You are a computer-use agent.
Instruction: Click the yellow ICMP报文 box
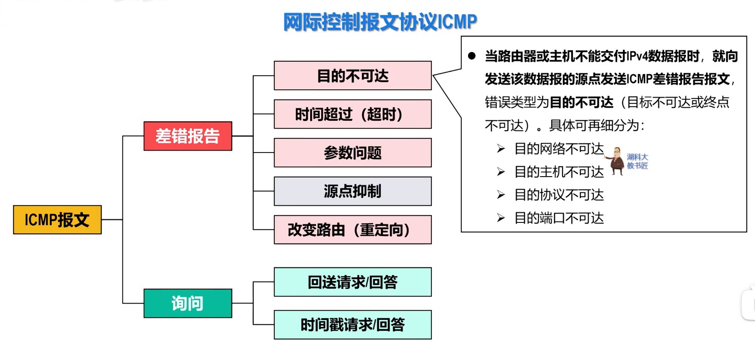57,220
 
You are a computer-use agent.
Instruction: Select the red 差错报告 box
188,136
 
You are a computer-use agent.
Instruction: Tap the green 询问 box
188,303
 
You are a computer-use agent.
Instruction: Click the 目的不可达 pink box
352,75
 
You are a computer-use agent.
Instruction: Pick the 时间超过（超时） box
352,114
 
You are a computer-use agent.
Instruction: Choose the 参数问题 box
352,153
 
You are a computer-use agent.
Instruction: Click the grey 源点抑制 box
352,191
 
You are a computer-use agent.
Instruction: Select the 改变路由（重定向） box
352,230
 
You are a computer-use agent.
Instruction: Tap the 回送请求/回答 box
352,282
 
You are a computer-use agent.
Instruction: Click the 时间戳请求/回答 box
352,325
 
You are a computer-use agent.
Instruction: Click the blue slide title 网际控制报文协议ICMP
380,21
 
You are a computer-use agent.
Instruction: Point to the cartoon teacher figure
616,161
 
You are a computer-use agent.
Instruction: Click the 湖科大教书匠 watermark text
637,161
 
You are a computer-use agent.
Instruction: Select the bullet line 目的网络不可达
558,148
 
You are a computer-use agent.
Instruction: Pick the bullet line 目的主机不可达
558,172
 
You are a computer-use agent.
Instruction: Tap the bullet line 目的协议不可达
558,195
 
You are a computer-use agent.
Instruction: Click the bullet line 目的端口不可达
558,218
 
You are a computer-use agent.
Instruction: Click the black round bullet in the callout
472,56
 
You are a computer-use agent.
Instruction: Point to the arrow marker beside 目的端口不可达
501,218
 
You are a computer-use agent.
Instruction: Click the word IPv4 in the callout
637,56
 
